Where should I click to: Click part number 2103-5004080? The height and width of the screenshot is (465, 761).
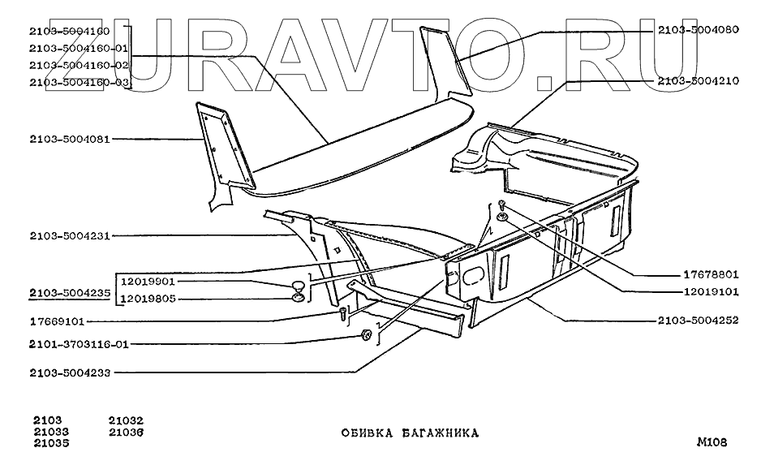[x=698, y=30]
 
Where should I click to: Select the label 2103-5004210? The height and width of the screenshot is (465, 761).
[x=698, y=81]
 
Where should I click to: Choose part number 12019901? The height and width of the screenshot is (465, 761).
[x=148, y=282]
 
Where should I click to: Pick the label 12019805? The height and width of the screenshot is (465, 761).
[x=148, y=299]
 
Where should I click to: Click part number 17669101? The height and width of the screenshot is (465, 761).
[x=62, y=321]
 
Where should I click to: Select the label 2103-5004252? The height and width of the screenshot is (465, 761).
[x=698, y=321]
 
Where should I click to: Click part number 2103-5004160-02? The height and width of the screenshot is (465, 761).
[x=79, y=65]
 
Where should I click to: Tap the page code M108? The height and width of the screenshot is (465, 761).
[x=711, y=442]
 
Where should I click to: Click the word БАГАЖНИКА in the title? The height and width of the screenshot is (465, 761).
[x=440, y=433]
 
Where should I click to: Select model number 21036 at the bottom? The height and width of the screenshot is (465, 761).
[x=126, y=432]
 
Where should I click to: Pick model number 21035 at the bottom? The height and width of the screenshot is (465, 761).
[x=51, y=443]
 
